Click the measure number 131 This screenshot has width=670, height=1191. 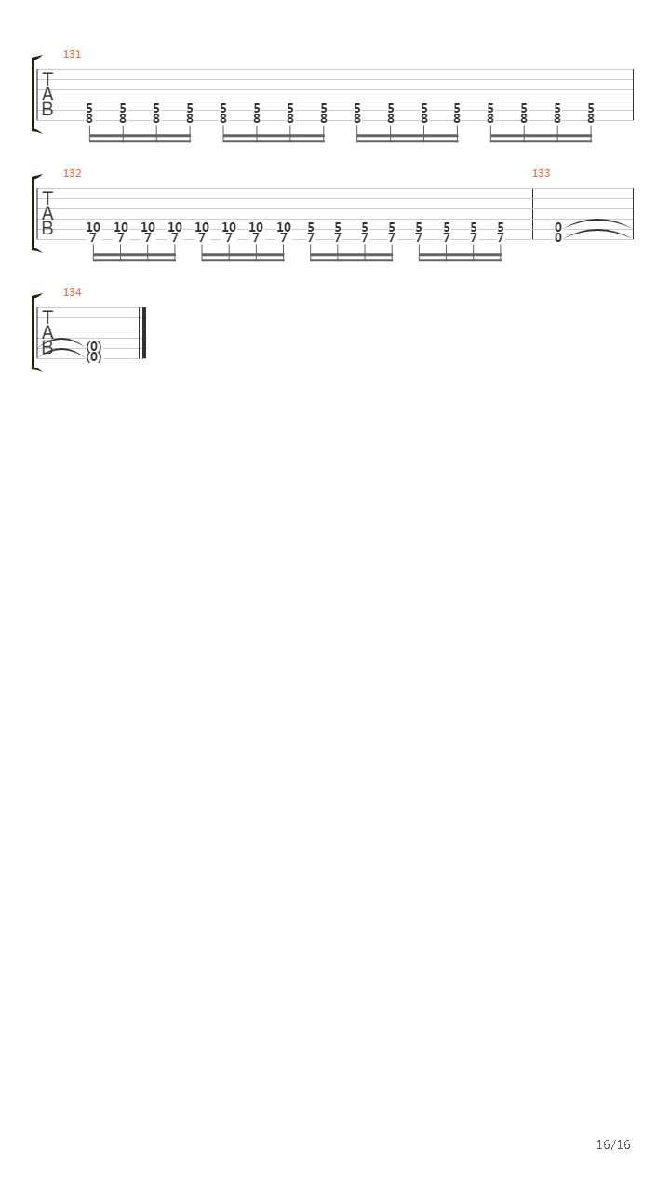[72, 54]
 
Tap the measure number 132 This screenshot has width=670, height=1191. [72, 173]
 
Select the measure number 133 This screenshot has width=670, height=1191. [541, 173]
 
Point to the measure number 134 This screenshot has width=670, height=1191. [72, 292]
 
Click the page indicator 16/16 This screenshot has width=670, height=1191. [612, 1144]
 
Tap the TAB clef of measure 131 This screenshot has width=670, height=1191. [47, 94]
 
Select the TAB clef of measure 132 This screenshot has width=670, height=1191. [47, 213]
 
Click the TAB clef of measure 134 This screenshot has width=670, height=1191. [47, 332]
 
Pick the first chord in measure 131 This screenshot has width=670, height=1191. [89, 113]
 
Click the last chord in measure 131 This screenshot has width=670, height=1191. [591, 113]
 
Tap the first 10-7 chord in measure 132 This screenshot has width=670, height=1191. [93, 232]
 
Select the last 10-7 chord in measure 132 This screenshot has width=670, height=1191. [283, 232]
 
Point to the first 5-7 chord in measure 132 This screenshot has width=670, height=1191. [311, 232]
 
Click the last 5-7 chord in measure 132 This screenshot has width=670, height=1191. [501, 232]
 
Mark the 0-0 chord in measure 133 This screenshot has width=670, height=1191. [558, 232]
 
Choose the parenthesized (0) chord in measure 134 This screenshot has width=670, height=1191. [93, 351]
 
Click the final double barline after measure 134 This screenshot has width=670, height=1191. [143, 332]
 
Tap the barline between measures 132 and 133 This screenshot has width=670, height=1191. [532, 213]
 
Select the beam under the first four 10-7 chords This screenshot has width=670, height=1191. [134, 260]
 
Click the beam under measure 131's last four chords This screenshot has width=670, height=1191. [541, 140]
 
